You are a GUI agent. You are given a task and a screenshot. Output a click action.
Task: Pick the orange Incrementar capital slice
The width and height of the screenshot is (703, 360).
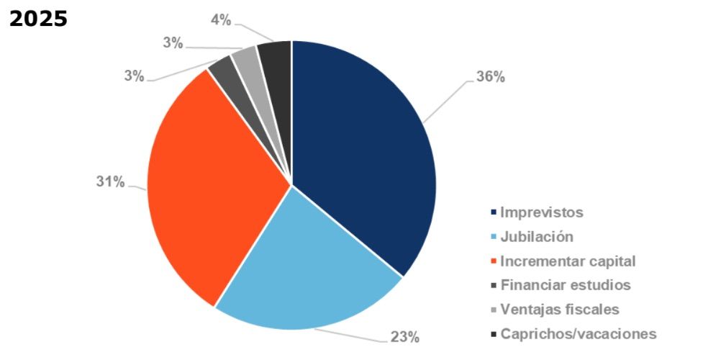coord(209,194)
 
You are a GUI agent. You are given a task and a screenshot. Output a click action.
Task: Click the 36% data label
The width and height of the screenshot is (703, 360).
coord(490,77)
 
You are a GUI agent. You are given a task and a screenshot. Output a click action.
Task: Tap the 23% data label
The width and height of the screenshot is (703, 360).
coord(404,336)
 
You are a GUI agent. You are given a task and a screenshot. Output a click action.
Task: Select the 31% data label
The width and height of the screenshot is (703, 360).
coord(110,182)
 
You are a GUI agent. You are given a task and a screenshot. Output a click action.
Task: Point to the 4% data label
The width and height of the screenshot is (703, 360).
coord(221,19)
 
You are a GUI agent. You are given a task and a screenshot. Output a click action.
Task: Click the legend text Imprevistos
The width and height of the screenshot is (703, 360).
coord(541,212)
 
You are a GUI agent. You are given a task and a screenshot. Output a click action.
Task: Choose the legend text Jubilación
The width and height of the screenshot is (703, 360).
coord(537,237)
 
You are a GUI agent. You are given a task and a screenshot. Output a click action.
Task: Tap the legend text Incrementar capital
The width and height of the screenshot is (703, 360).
coord(568,261)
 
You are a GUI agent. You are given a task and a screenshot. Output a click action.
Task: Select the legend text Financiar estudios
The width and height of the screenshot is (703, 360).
coord(565,285)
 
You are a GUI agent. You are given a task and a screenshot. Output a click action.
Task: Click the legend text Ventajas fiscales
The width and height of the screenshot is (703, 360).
coord(559,310)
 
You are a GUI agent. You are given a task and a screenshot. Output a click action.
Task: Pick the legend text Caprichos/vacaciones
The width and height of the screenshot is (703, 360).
coord(578,334)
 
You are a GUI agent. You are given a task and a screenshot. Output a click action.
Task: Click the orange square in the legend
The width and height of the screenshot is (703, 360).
coord(493,261)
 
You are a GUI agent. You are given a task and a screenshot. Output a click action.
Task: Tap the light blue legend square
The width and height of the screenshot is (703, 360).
coord(493,237)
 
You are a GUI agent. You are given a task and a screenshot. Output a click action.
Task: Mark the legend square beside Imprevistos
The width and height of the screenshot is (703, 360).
coord(493,212)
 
